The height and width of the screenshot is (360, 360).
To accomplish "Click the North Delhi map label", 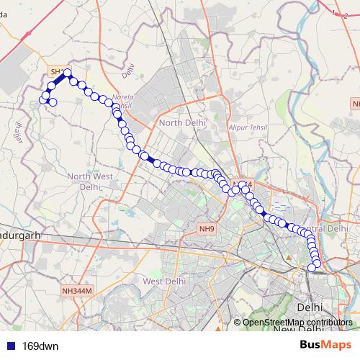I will [x=182, y=122].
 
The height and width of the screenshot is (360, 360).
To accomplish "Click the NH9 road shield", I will [x=207, y=230].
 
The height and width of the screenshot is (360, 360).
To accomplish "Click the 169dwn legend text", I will [x=40, y=346].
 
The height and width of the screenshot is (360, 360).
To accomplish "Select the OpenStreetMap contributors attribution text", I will [x=297, y=323].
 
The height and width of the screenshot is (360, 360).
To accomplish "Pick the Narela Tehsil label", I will [x=123, y=102].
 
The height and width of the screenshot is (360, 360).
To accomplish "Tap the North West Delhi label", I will [x=89, y=181].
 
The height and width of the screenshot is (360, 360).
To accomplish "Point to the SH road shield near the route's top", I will [x=56, y=71].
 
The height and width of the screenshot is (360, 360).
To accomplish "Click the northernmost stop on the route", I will [x=67, y=73].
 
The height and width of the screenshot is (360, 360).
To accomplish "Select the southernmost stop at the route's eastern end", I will [x=312, y=268].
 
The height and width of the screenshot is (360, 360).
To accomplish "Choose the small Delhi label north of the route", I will [x=129, y=71].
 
